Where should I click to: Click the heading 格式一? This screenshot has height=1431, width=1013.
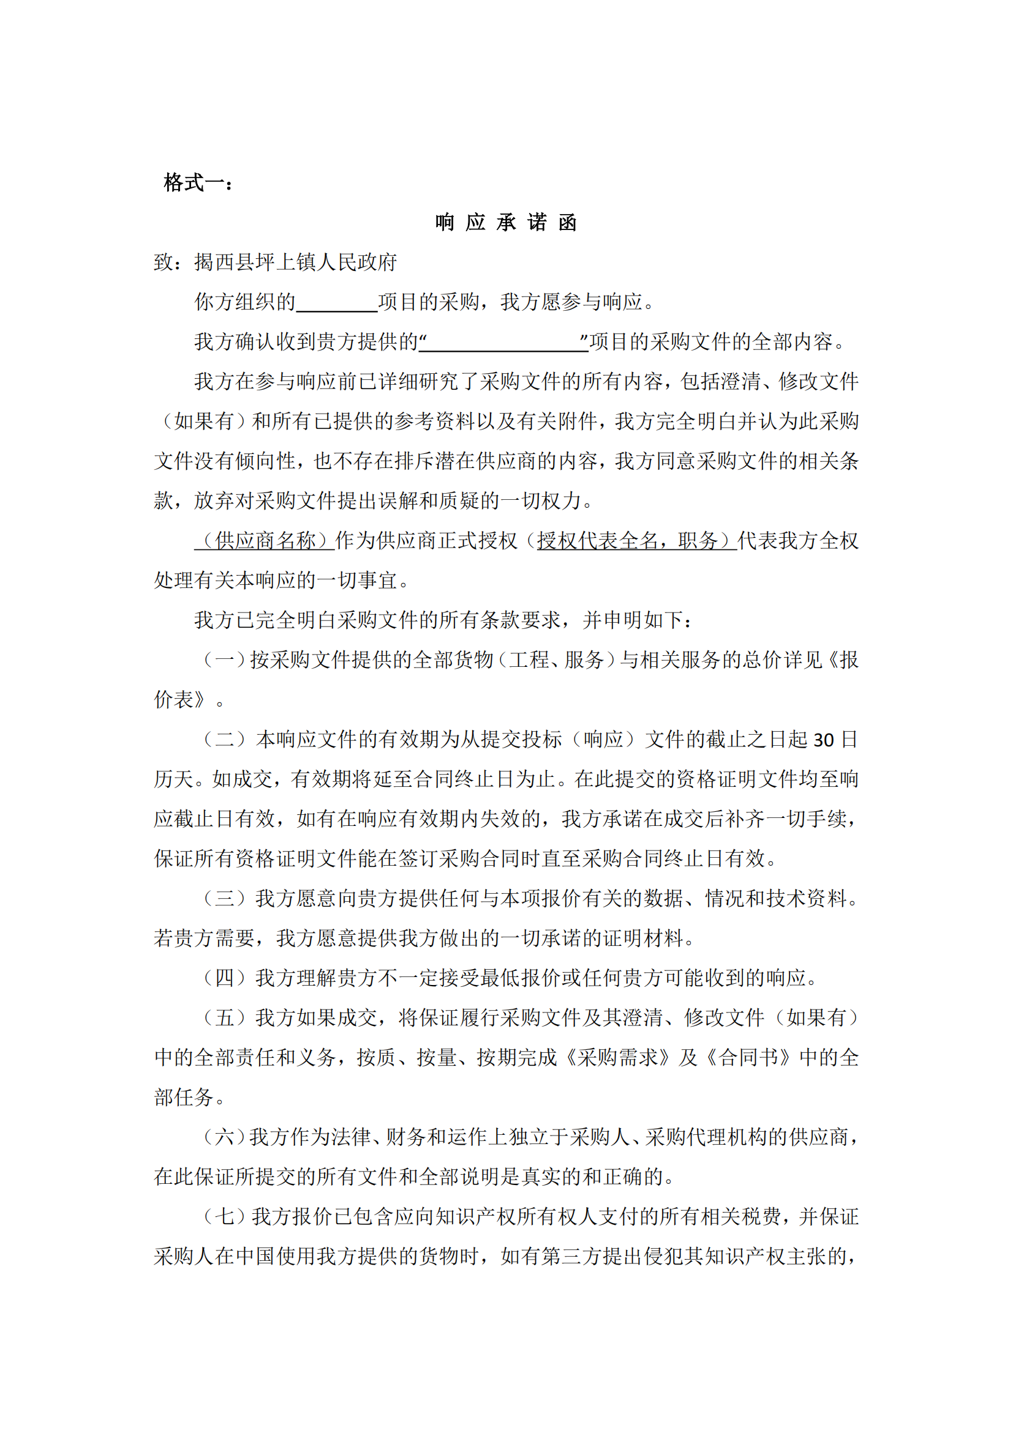point(197,182)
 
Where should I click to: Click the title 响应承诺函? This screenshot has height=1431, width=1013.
point(506,223)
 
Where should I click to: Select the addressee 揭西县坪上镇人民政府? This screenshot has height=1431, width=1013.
point(295,262)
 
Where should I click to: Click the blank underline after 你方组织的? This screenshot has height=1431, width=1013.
point(337,303)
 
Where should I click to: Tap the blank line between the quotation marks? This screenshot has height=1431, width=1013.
point(504,343)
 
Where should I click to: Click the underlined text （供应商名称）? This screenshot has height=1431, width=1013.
point(265,540)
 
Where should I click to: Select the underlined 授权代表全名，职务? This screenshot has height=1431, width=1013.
point(636,540)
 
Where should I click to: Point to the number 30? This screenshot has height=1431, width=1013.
point(823,740)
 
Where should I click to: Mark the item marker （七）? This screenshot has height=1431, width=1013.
point(225,1217)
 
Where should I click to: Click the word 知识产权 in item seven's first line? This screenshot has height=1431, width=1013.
point(475,1217)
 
